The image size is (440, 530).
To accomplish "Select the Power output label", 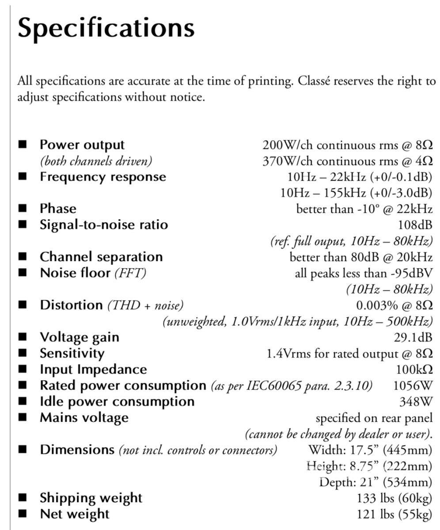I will [82, 145].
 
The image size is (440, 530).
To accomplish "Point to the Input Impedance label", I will [93, 369].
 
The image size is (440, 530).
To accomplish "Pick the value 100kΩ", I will [414, 369].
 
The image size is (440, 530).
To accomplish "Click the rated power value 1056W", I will [413, 385].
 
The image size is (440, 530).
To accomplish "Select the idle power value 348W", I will [416, 401].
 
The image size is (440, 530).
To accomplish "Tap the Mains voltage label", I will [84, 417].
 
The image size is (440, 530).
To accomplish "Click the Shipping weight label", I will [91, 498].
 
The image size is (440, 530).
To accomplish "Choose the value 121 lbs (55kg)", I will [394, 514].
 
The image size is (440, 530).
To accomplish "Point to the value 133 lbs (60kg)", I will [394, 498].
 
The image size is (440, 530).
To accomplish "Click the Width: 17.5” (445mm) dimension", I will [370, 450].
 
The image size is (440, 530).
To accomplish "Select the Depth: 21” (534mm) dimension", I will [376, 482].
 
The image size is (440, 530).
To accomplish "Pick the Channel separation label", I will [101, 257].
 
